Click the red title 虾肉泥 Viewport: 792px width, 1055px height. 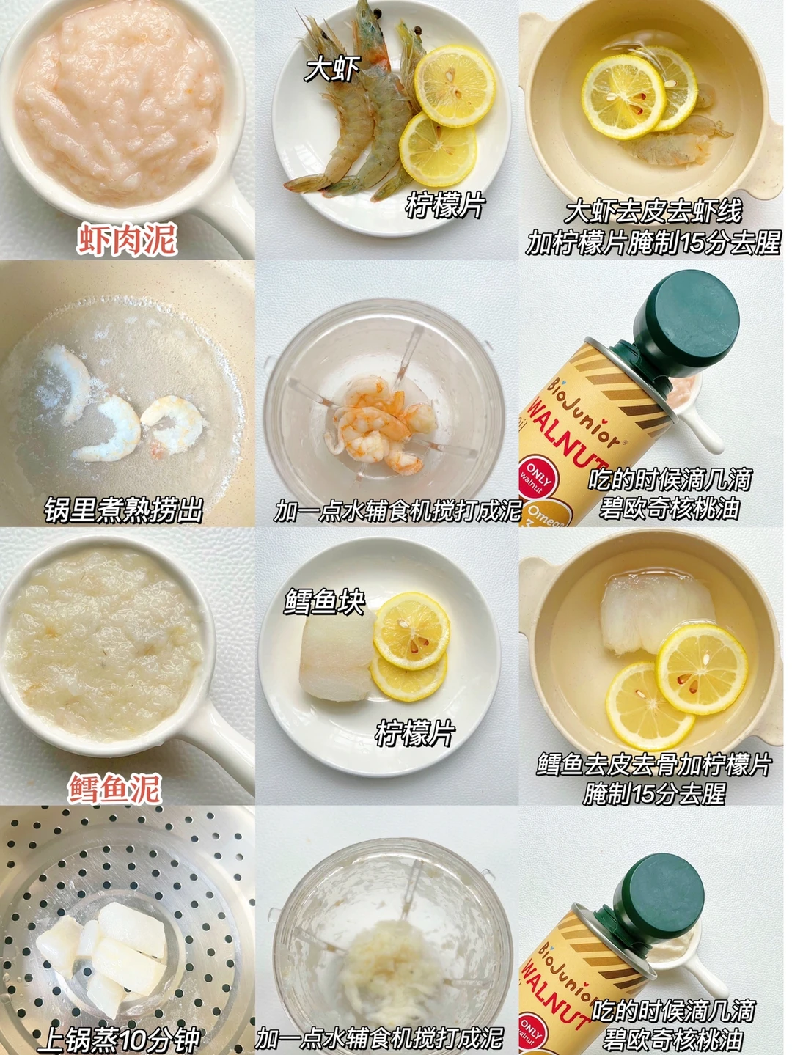tap(127, 239)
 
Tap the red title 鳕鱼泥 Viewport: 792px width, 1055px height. tap(115, 788)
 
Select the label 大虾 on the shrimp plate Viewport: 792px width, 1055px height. tap(332, 69)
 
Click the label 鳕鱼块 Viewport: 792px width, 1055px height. tap(324, 601)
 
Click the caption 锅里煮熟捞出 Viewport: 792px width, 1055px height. tap(123, 510)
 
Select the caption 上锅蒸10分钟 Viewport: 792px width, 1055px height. tap(119, 1040)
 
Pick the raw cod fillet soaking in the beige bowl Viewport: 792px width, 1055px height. tap(656, 616)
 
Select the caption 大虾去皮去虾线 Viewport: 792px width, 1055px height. tap(653, 211)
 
